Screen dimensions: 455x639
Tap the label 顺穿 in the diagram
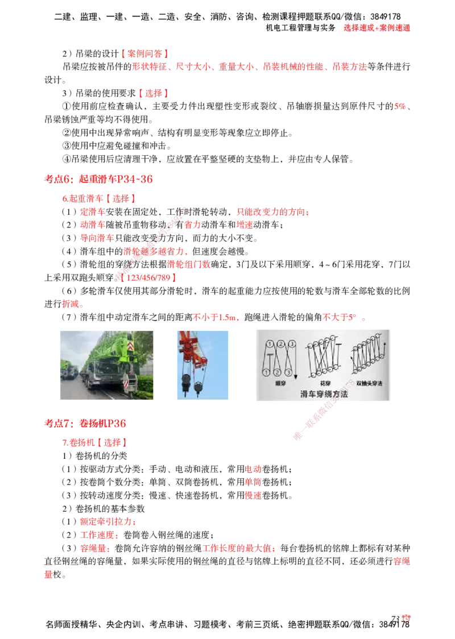click(279, 383)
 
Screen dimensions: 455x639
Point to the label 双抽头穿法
click(370, 383)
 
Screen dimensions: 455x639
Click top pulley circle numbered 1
click(267, 344)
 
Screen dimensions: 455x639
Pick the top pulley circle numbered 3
click(291, 344)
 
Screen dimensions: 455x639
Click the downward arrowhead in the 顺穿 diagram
click(296, 377)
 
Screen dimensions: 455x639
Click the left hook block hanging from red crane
click(185, 385)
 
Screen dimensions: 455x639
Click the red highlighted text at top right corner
click(377, 27)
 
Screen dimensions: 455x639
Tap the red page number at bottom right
click(406, 618)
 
